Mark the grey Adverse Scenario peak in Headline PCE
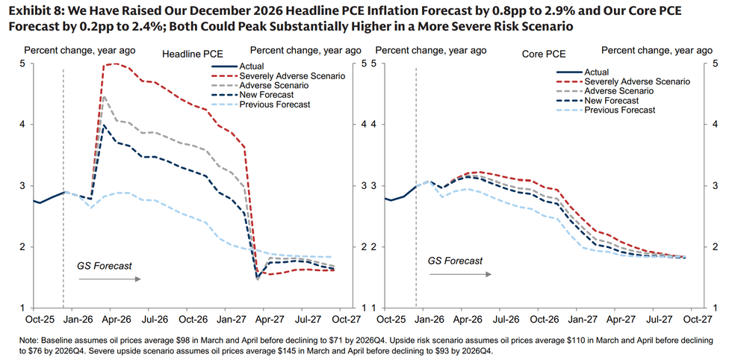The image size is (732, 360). tap(104, 96)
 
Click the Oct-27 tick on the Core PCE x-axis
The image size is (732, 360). tap(695, 319)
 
